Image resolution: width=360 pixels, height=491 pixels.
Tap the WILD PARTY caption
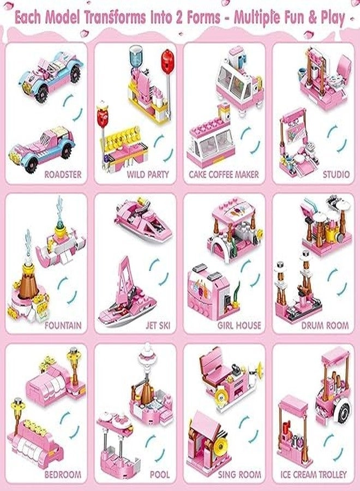pyautogui.click(x=148, y=175)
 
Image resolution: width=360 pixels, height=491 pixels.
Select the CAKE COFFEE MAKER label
pyautogui.click(x=224, y=175)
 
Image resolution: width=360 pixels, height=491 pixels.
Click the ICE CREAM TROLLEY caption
pyautogui.click(x=313, y=475)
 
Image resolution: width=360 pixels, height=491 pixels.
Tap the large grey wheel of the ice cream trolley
pyautogui.click(x=343, y=412)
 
